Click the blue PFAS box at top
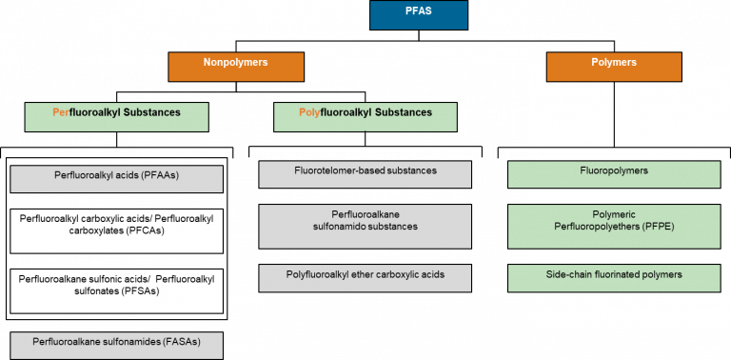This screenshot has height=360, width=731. (x=418, y=15)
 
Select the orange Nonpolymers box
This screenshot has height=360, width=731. (x=236, y=66)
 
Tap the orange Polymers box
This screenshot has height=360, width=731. (x=613, y=66)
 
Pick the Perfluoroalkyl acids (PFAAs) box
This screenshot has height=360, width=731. (x=116, y=178)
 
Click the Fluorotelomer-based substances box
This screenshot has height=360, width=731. (x=365, y=173)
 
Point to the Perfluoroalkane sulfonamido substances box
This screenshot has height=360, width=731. (x=365, y=224)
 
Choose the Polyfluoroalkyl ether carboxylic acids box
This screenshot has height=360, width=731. (x=365, y=277)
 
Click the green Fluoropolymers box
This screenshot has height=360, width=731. (x=613, y=173)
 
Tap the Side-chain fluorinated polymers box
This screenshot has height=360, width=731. (x=613, y=277)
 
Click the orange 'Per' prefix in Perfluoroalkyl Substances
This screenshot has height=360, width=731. (x=61, y=112)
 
